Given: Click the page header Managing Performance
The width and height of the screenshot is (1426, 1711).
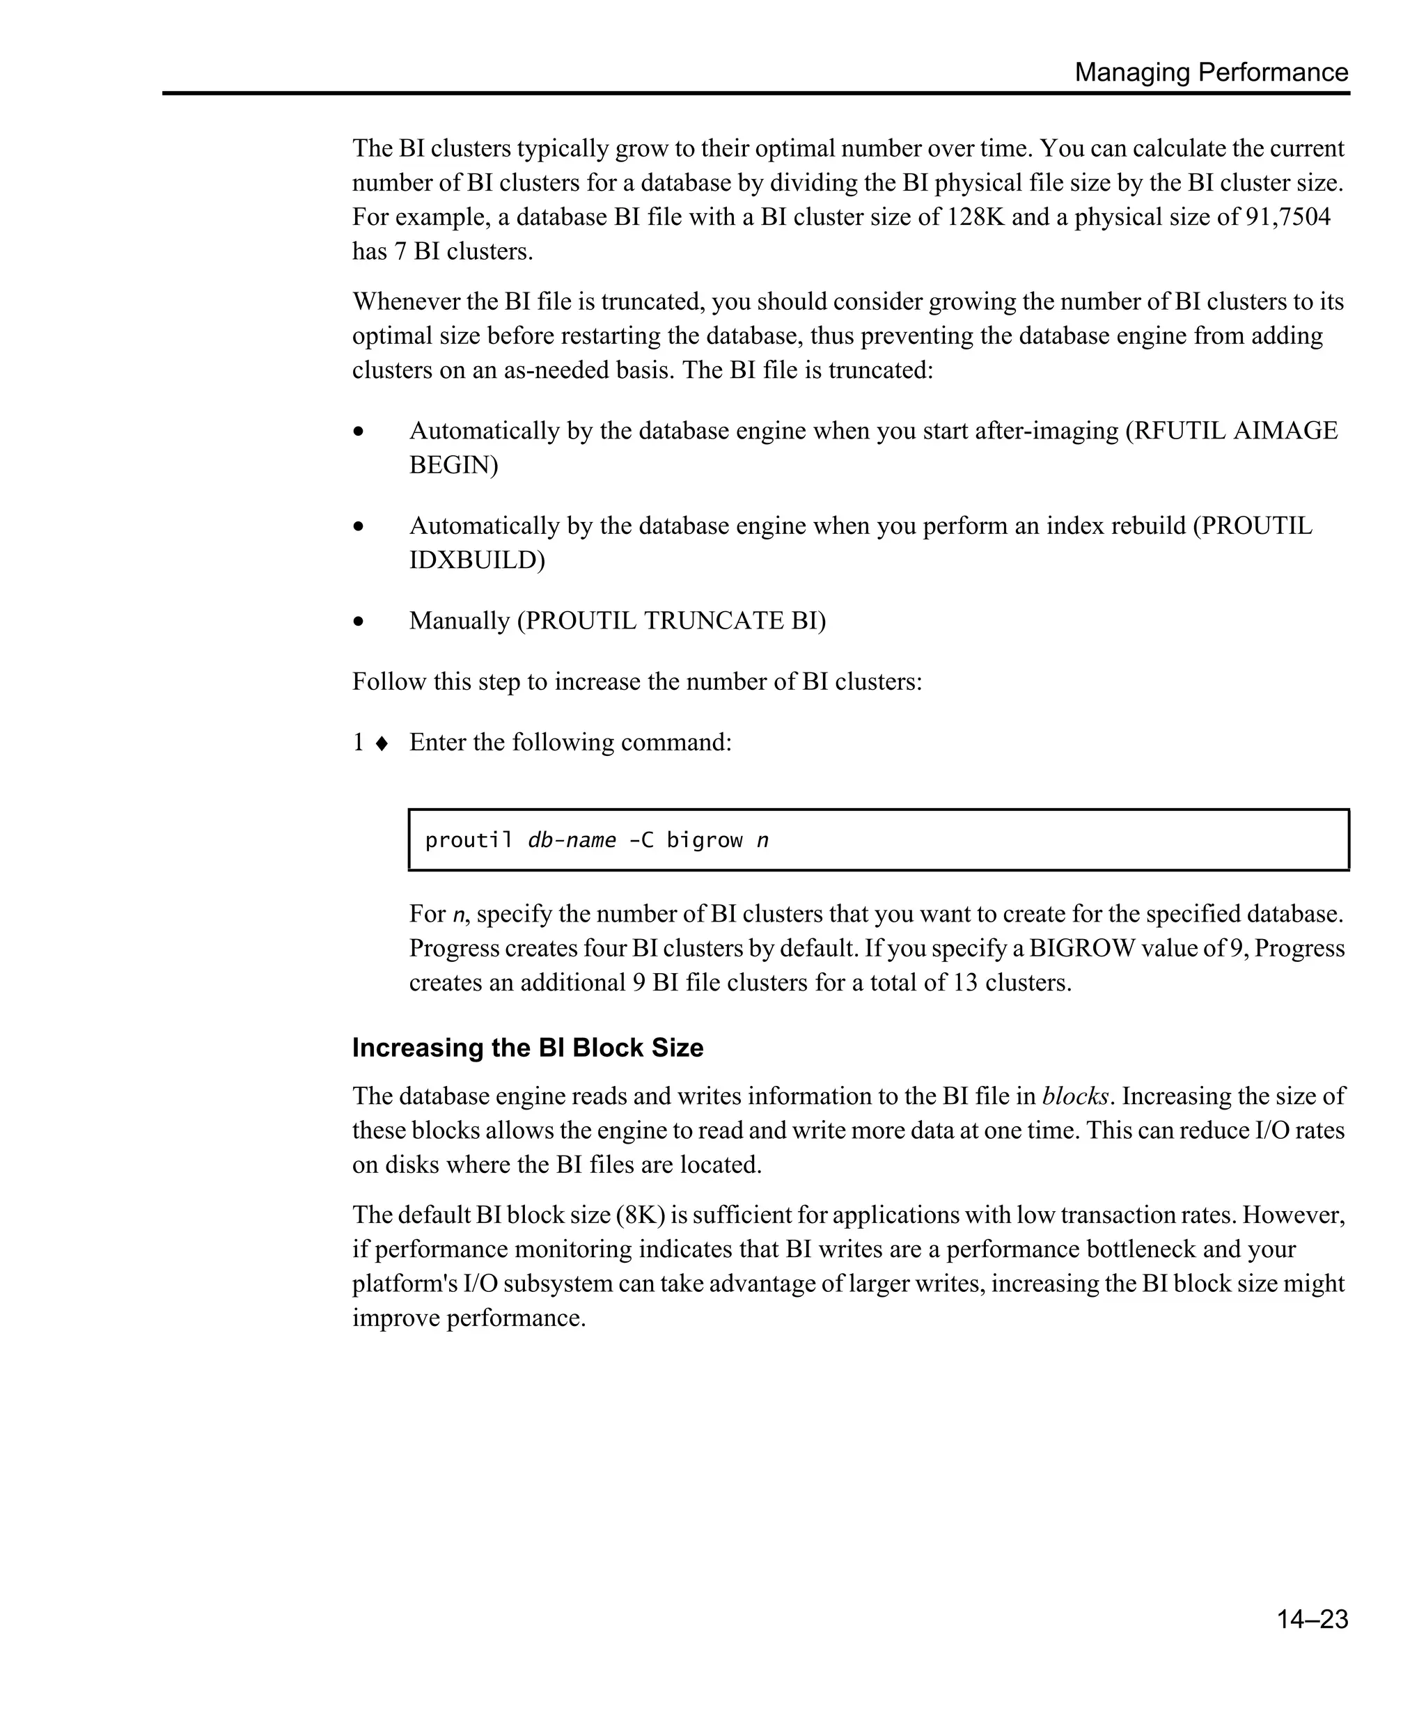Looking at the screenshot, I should click(1211, 72).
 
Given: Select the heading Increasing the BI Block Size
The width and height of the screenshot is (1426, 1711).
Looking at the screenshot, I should click(527, 1048).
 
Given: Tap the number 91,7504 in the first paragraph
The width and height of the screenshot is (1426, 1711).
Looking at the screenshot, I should click(1287, 218).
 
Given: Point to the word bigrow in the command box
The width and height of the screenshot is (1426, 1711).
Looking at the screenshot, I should click(704, 840).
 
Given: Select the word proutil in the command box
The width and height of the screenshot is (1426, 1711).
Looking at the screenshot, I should click(469, 840).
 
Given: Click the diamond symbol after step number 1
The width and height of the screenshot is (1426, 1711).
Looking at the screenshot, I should click(382, 743).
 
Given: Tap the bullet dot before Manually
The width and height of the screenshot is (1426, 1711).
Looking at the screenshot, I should click(359, 622).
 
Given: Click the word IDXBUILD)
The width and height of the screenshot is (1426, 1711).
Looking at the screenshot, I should click(477, 560).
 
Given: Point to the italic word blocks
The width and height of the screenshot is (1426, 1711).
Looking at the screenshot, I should click(1075, 1096).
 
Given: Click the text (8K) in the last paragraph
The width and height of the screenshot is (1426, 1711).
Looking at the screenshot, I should click(641, 1215).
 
